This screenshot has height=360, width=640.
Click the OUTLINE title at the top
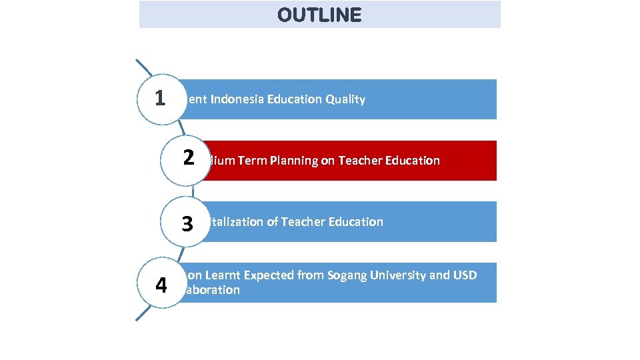pyautogui.click(x=319, y=15)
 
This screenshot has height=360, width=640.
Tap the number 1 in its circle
pyautogui.click(x=159, y=98)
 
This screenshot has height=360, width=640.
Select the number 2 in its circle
pyautogui.click(x=189, y=158)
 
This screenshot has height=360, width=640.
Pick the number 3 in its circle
pyautogui.click(x=187, y=224)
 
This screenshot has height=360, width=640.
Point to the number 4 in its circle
pyautogui.click(x=161, y=285)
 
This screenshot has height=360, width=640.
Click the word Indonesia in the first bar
pyautogui.click(x=237, y=99)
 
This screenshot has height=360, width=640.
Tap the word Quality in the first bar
pyautogui.click(x=345, y=99)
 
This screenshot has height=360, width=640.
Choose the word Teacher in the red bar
pyautogui.click(x=359, y=161)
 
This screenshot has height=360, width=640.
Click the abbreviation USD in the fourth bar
pyautogui.click(x=465, y=275)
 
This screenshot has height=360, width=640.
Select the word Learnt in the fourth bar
pyautogui.click(x=223, y=275)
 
